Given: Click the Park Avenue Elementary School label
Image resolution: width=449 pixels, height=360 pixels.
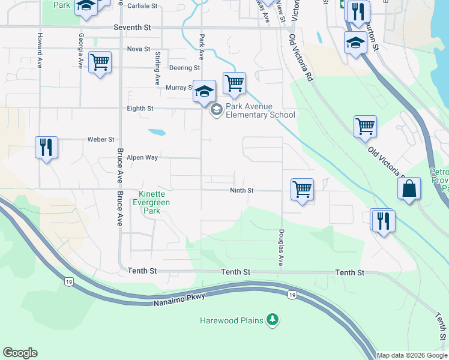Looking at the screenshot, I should coord(260,111).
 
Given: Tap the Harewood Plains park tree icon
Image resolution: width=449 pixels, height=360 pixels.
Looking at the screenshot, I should coord(273,320).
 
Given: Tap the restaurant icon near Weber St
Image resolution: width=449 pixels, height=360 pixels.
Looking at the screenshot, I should coord(46,146).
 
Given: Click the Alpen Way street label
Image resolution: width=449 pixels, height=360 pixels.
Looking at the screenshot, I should coord(142,157).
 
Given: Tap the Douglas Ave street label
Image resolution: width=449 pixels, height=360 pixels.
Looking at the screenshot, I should coord(280,248).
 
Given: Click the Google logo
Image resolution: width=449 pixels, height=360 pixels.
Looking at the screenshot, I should coord(20,353).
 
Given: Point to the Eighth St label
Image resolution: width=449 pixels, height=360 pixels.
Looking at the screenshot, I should coord(140,109).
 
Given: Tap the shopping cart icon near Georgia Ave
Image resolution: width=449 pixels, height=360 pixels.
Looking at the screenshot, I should coord(100,61).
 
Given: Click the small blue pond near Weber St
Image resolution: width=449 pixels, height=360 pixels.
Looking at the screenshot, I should coord(156,132).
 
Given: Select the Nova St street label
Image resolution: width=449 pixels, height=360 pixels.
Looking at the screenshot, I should coord(139,49).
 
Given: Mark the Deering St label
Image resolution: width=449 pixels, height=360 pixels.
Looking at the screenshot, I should coord(184,68).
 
